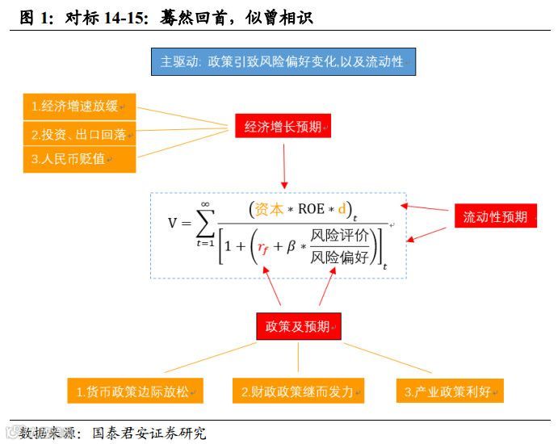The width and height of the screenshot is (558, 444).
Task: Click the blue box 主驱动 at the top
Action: pyautogui.click(x=283, y=62)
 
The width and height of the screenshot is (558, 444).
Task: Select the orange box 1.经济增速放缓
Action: pyautogui.click(x=78, y=107)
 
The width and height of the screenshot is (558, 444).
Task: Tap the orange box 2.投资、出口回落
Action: pyautogui.click(x=78, y=133)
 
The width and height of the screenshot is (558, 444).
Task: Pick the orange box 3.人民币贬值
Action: pyautogui.click(x=78, y=159)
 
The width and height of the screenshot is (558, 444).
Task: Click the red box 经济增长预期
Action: pyautogui.click(x=283, y=127)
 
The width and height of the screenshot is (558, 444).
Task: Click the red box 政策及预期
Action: pyautogui.click(x=298, y=326)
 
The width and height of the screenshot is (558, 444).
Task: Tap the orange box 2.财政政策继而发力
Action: pyautogui.click(x=298, y=392)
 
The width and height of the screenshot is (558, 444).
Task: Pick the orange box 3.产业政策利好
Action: pyautogui.click(x=450, y=392)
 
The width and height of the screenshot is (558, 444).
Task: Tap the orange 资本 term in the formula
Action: pyautogui.click(x=270, y=209)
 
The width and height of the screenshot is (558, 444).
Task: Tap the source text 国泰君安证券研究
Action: pyautogui.click(x=149, y=434)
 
